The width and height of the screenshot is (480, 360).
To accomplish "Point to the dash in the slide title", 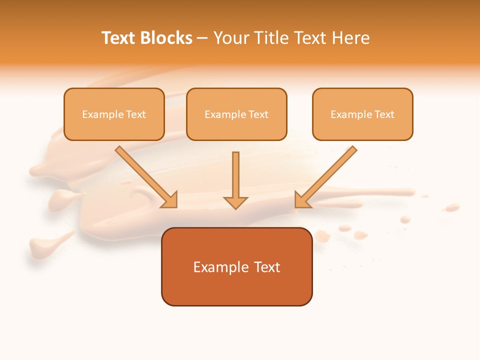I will pos(202,38).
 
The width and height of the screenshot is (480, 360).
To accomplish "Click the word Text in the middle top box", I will pos(257,114).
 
